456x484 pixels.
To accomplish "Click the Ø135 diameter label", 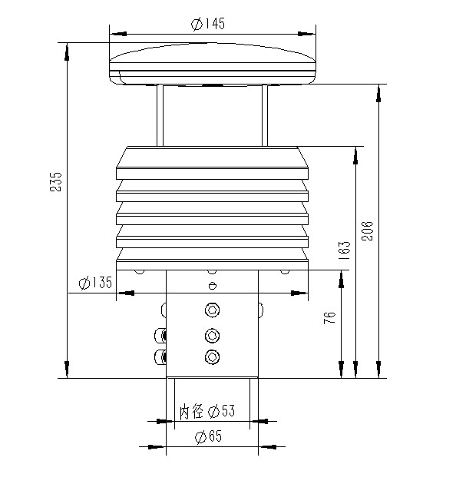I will pyautogui.click(x=95, y=283).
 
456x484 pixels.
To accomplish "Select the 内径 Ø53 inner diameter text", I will pyautogui.click(x=207, y=411).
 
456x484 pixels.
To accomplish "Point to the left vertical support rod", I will pyautogui.click(x=160, y=115).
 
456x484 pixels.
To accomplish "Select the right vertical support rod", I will pyautogui.click(x=264, y=115).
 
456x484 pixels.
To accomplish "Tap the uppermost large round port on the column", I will pyautogui.click(x=212, y=310).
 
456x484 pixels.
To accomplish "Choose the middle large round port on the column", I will pyautogui.click(x=212, y=335).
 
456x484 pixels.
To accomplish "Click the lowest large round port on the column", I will pyautogui.click(x=212, y=356).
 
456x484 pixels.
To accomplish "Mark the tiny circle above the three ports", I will pyautogui.click(x=212, y=287).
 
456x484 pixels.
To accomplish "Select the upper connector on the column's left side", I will pyautogui.click(x=161, y=335).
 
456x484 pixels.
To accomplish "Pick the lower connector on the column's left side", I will pyautogui.click(x=161, y=356).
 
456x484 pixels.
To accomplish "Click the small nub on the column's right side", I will pyautogui.click(x=259, y=310).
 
